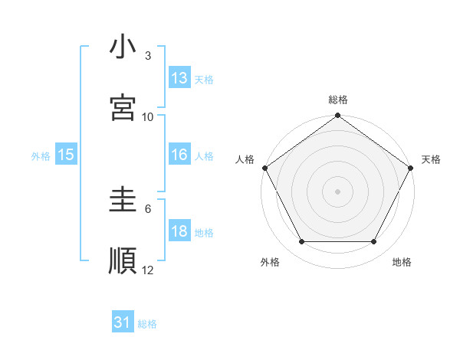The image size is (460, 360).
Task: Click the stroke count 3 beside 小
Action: pyautogui.click(x=148, y=56)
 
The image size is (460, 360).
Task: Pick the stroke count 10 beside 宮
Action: pyautogui.click(x=148, y=116)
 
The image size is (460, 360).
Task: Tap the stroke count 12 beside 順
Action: pyautogui.click(x=148, y=270)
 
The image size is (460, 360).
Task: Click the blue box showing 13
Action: pyautogui.click(x=179, y=78)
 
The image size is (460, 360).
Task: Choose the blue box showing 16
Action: pyautogui.click(x=179, y=155)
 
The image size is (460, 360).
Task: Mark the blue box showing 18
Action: pyautogui.click(x=179, y=231)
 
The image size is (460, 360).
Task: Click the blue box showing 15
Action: pyautogui.click(x=66, y=155)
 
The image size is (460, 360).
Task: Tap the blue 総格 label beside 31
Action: pyautogui.click(x=147, y=324)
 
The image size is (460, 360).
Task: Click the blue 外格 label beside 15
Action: pyautogui.click(x=41, y=155)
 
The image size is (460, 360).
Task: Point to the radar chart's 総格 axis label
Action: pyautogui.click(x=338, y=100)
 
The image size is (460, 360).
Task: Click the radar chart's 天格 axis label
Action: pyautogui.click(x=431, y=159)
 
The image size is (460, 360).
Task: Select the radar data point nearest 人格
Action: pyautogui.click(x=265, y=167)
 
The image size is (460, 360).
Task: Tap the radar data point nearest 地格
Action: pyautogui.click(x=374, y=242)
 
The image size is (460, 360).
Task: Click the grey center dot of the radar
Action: pyautogui.click(x=338, y=191)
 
